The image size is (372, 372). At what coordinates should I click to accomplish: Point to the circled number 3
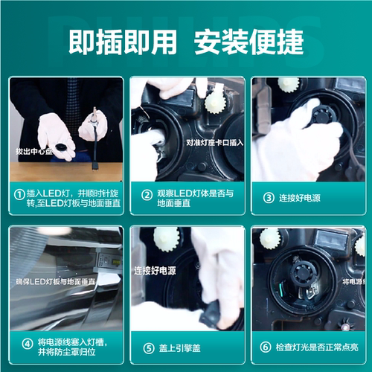tap(269, 198)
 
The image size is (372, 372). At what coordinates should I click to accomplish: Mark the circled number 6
tap(266, 347)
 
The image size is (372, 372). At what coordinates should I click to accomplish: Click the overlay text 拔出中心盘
tap(33, 151)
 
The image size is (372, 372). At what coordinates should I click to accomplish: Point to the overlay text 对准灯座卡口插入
tap(213, 140)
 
